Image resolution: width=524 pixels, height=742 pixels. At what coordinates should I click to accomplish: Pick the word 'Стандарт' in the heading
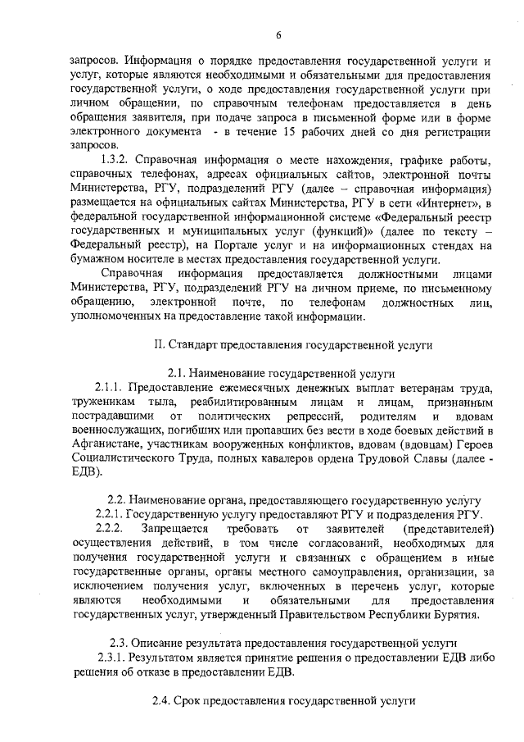196,345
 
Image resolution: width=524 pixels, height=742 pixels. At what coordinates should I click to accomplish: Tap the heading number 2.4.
162,703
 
